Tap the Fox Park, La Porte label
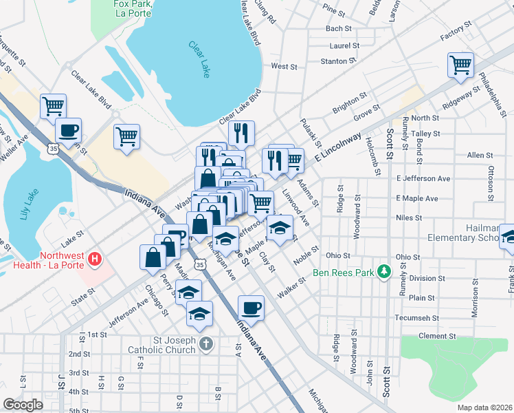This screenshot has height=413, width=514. pyautogui.click(x=133, y=8)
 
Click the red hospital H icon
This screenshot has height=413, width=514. pyautogui.click(x=96, y=259)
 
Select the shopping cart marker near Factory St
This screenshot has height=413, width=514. pyautogui.click(x=460, y=66)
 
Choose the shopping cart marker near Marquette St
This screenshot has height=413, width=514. pyautogui.click(x=53, y=107)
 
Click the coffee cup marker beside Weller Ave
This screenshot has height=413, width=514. pyautogui.click(x=67, y=129)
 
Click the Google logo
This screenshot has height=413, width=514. pyautogui.click(x=23, y=404)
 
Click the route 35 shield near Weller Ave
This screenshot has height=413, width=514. pyautogui.click(x=53, y=147)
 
